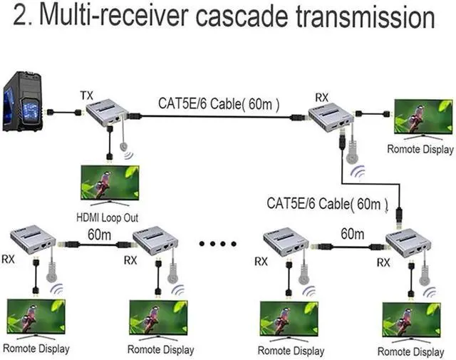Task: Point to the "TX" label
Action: click(x=86, y=95)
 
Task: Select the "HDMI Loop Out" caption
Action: click(x=106, y=217)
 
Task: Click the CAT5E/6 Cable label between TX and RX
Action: click(x=219, y=104)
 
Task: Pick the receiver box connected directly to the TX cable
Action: click(x=331, y=117)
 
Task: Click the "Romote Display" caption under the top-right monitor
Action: click(x=420, y=149)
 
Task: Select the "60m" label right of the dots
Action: click(x=352, y=233)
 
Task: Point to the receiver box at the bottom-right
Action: click(x=410, y=245)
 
